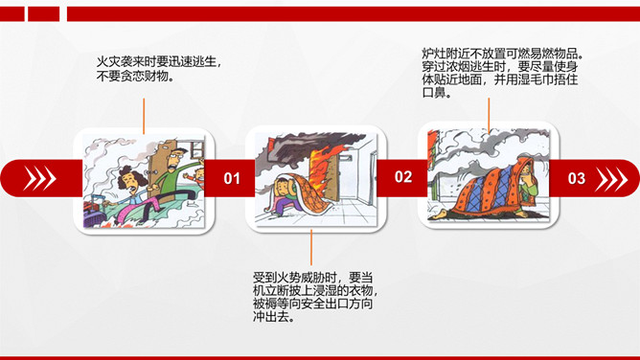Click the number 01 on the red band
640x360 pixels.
coord(232,178)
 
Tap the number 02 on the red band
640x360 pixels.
coord(402,176)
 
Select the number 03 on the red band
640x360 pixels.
coord(577,178)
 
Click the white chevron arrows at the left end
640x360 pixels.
coord(39,178)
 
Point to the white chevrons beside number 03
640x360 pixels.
coord(611,179)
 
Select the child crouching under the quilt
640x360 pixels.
coord(286,195)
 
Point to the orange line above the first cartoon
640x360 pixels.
coord(144,116)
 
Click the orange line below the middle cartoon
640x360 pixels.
coord(311,247)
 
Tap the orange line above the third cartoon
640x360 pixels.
coord(489,115)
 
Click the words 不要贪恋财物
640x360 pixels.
coord(132,76)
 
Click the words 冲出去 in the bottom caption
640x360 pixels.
coord(270,316)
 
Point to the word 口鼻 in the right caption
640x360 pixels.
coord(433,93)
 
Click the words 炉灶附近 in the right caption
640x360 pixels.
coord(446,54)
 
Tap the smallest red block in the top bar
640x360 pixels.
coord(12,13)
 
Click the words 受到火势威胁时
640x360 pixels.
coord(295,278)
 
